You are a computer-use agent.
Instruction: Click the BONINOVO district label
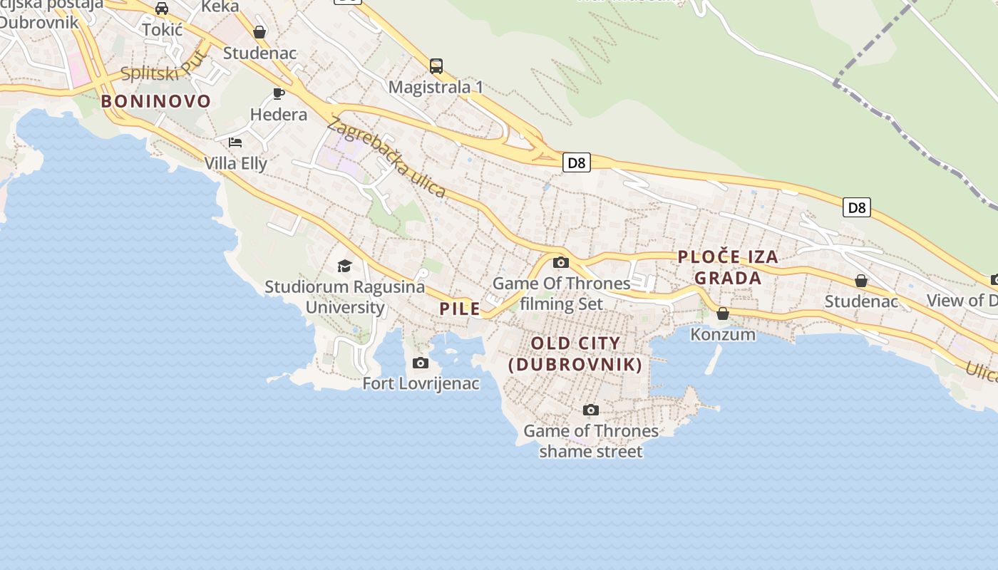(156, 101)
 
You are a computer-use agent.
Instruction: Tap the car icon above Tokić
(162, 9)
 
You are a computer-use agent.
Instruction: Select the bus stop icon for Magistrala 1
(436, 66)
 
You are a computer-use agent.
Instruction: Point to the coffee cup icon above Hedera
(279, 93)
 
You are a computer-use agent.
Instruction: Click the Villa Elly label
(236, 163)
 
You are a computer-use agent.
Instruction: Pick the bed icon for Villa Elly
(235, 142)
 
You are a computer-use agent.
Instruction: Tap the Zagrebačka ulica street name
(386, 158)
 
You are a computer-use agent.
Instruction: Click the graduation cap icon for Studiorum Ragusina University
(345, 266)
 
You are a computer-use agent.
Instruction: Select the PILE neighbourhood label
(460, 309)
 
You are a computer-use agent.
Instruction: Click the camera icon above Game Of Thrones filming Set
(561, 262)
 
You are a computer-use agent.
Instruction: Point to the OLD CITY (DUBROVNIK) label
(576, 354)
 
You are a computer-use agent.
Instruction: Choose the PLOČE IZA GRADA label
(728, 267)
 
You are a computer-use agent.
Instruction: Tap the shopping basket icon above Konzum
(723, 313)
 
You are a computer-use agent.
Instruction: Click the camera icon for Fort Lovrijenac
(421, 363)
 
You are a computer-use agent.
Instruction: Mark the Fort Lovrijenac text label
(421, 383)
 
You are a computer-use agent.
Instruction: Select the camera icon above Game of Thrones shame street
(591, 410)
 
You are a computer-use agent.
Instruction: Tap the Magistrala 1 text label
(436, 87)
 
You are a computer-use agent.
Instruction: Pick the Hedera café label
(279, 114)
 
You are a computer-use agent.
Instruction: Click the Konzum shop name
(723, 334)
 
